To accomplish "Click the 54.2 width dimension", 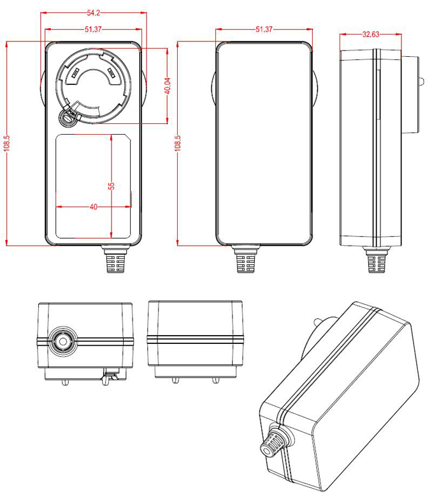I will click(93, 13).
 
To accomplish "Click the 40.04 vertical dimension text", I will click(167, 86).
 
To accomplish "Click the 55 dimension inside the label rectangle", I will click(111, 186).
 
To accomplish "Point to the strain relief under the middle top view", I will click(247, 260).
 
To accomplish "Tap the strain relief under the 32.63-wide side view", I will click(376, 260).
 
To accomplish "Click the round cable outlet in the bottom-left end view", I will click(63, 339).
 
